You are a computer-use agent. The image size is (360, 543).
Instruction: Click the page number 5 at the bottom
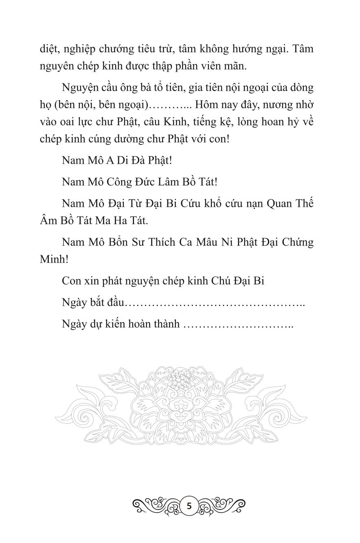(x=189, y=507)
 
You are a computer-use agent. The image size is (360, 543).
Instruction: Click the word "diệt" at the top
(x=49, y=50)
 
